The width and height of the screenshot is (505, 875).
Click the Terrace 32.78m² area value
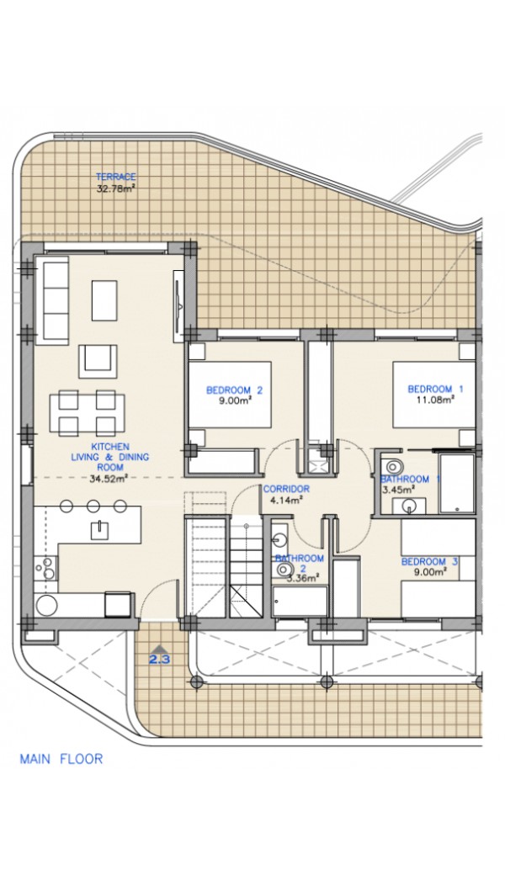pos(116,188)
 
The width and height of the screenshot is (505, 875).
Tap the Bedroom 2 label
pos(234,390)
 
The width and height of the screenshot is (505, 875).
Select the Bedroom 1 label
pos(435,389)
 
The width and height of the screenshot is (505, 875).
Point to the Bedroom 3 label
pos(429,561)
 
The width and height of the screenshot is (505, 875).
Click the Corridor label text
pos(286,489)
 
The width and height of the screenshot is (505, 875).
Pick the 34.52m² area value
pos(109,478)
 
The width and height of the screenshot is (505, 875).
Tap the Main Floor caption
pos(61,759)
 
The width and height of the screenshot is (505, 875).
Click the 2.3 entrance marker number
pos(159,659)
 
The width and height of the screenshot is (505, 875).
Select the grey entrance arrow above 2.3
pos(159,649)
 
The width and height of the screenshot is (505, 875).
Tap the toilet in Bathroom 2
pos(284,570)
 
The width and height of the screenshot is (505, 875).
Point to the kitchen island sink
pos(99,528)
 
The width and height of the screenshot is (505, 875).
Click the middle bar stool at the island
pos(93,506)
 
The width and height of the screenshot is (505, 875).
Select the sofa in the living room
pos(52,300)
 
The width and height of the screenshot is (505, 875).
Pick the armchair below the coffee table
pos(98,361)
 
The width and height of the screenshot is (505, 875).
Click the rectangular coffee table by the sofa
pos(104,300)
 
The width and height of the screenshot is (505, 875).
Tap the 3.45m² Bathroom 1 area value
pos(398,490)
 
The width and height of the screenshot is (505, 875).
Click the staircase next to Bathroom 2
pos(245,566)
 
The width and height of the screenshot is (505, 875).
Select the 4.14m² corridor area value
pos(286,500)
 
